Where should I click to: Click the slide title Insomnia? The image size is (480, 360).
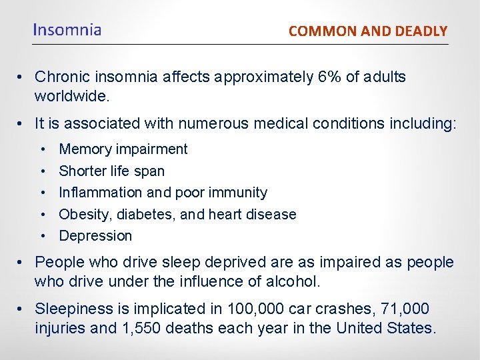pos(67,30)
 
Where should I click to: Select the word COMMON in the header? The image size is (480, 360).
pos(315,31)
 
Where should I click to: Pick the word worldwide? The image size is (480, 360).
pos(71,96)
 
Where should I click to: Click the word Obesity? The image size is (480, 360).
pos(83,215)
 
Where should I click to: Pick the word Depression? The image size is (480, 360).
pos(95,236)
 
